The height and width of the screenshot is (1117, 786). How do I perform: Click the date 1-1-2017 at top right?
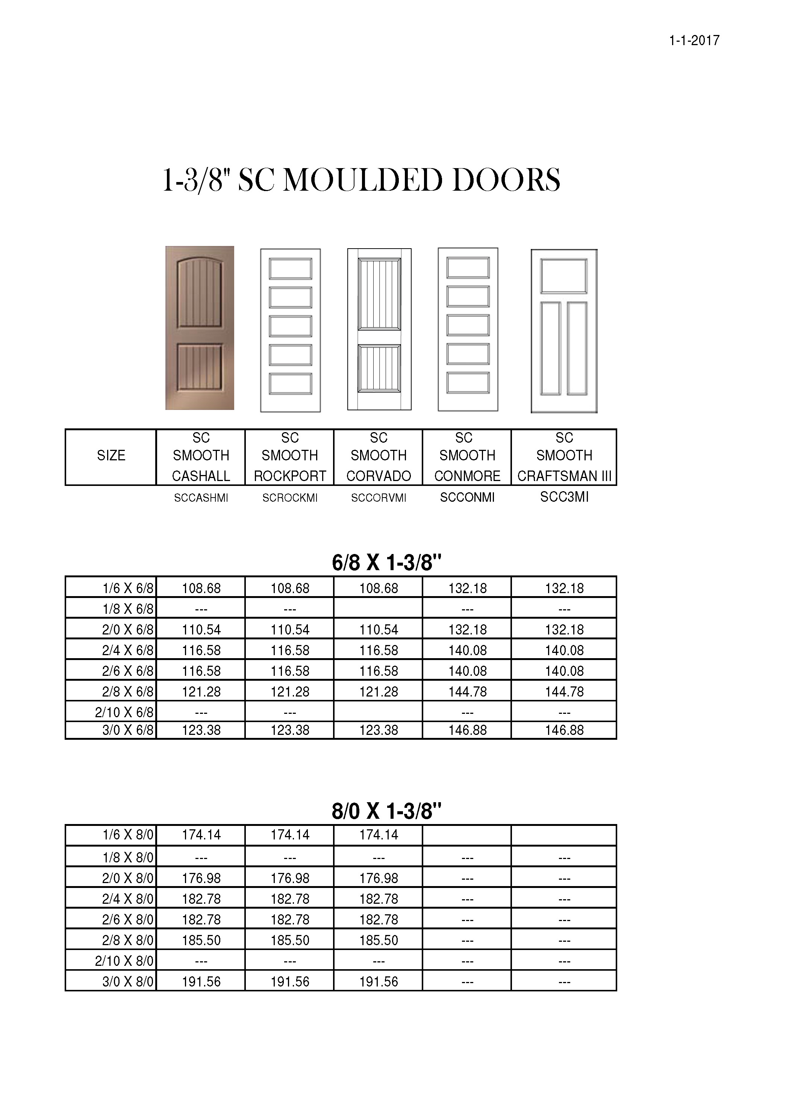click(694, 40)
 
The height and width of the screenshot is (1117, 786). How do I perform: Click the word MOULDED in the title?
click(362, 180)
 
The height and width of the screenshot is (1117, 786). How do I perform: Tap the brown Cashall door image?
click(200, 328)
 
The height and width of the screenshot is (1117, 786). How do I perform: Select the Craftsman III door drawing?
click(564, 331)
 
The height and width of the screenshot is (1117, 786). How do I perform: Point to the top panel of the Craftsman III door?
click(564, 276)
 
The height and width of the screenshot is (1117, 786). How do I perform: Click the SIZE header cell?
click(111, 456)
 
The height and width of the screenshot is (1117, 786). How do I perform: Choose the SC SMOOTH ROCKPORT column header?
click(290, 456)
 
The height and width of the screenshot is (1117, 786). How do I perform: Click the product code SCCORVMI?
click(379, 498)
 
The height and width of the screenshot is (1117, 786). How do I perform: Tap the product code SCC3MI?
click(564, 497)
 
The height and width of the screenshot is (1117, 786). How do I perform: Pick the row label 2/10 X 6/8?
click(124, 712)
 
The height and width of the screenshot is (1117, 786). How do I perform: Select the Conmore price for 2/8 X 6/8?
click(467, 691)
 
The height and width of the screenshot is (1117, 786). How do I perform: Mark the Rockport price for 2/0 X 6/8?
click(290, 630)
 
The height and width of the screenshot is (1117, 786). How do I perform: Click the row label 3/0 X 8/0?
click(127, 982)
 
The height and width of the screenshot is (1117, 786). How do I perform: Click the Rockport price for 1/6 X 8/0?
click(290, 835)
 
